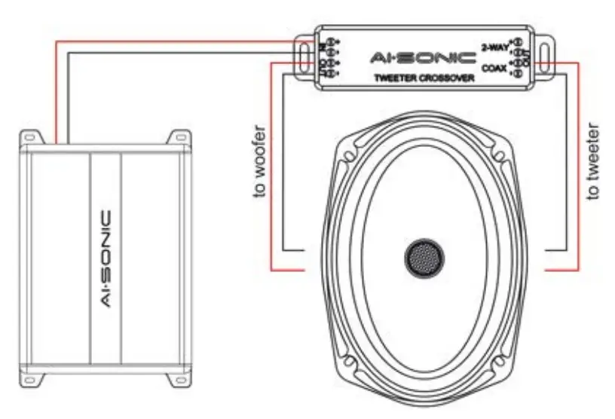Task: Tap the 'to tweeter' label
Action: click(595, 161)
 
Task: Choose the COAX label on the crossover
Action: click(494, 66)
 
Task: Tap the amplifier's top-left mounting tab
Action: click(29, 138)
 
